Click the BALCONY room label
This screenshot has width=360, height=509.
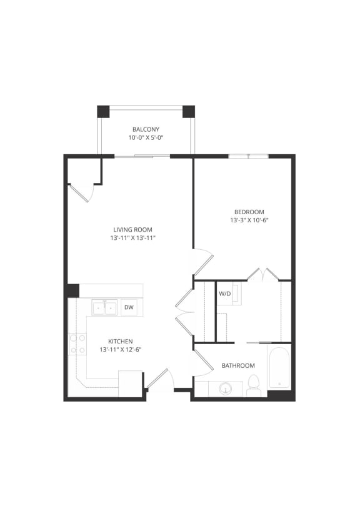pyautogui.click(x=146, y=129)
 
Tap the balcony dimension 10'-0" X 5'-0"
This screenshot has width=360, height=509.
pyautogui.click(x=146, y=137)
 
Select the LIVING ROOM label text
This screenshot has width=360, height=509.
pyautogui.click(x=132, y=229)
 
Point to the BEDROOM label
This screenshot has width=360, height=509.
pyautogui.click(x=249, y=212)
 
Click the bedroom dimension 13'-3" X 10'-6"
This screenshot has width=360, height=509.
pyautogui.click(x=249, y=220)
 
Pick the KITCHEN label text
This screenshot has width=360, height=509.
pyautogui.click(x=120, y=341)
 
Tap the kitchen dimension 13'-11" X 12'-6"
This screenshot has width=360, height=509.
pyautogui.click(x=120, y=349)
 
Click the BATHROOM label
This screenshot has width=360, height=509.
pyautogui.click(x=238, y=365)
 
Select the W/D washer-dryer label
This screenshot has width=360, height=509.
pyautogui.click(x=225, y=293)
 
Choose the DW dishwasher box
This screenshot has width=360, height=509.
pyautogui.click(x=129, y=307)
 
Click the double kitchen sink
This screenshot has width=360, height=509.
pyautogui.click(x=104, y=307)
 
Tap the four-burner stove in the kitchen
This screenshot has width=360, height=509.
pyautogui.click(x=77, y=344)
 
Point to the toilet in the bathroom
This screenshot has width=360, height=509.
pyautogui.click(x=254, y=386)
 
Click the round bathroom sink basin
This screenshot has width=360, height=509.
pyautogui.click(x=225, y=388)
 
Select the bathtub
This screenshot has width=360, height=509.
pyautogui.click(x=279, y=368)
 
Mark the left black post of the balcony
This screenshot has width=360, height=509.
pyautogui.click(x=103, y=112)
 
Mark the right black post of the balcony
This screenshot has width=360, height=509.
pyautogui.click(x=188, y=112)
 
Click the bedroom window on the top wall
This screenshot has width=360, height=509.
pyautogui.click(x=249, y=156)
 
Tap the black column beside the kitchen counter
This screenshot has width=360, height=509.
pyautogui.click(x=72, y=290)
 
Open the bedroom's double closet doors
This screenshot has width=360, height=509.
pyautogui.click(x=263, y=274)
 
